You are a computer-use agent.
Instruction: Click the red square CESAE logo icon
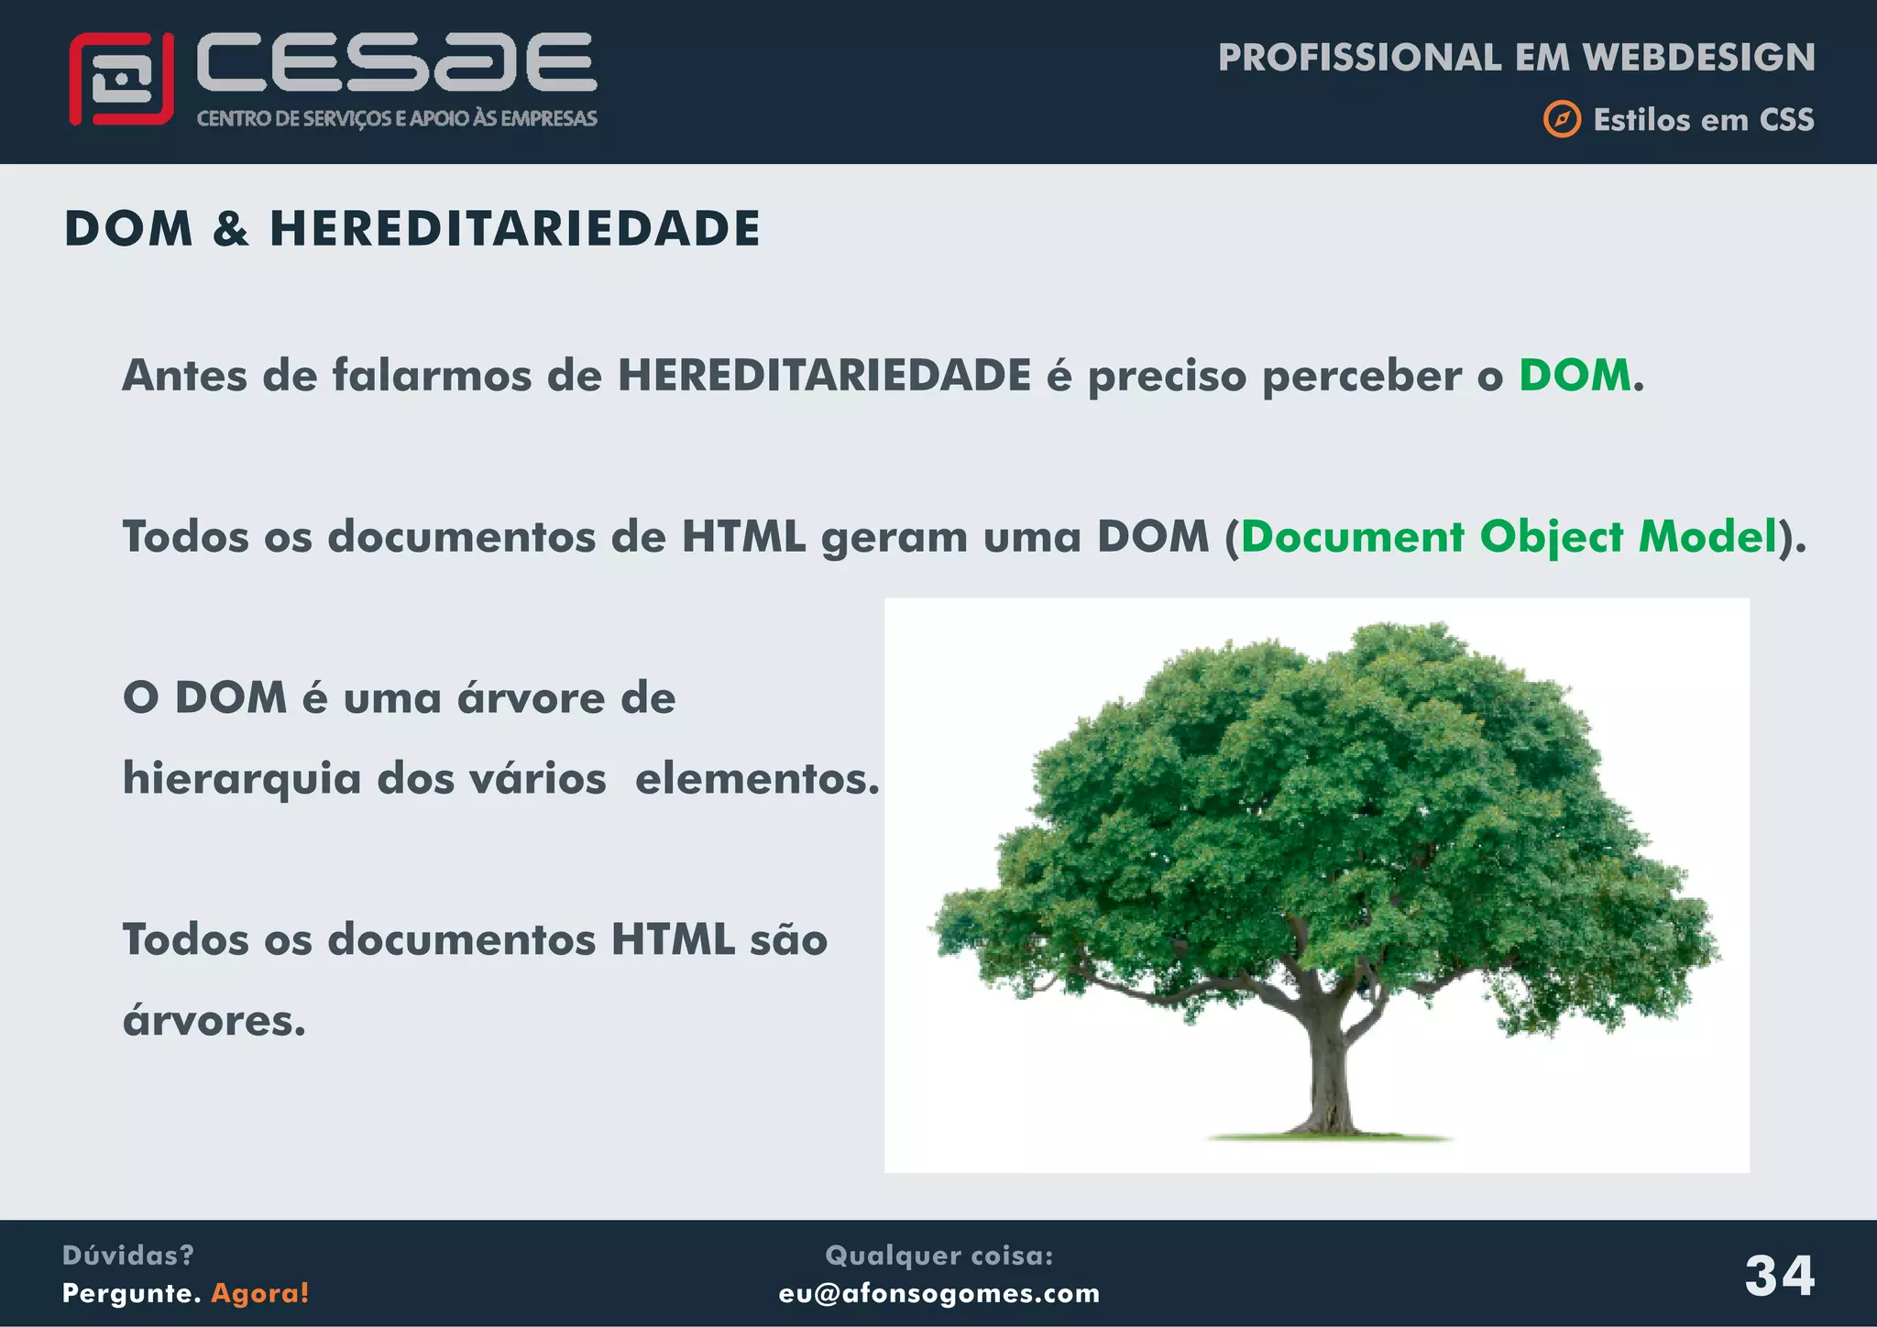[121, 79]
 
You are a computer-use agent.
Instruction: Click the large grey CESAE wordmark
[396, 62]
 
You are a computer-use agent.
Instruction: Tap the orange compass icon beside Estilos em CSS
[1562, 120]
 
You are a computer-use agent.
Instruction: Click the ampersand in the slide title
[230, 229]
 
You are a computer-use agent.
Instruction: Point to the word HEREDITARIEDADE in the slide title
[514, 229]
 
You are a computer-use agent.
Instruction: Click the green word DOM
[1575, 376]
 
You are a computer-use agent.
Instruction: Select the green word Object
[1551, 538]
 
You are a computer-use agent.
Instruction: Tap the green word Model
[1707, 537]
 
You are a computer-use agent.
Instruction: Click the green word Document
[1353, 537]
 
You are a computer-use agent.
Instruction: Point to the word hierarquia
[242, 780]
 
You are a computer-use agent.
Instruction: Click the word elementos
[756, 779]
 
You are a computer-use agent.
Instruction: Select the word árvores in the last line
[214, 1020]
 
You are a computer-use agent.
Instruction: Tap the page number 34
[1779, 1275]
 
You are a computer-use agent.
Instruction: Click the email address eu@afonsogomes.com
[938, 1293]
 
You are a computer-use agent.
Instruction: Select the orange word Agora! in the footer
[260, 1293]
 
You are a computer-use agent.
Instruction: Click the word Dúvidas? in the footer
[128, 1256]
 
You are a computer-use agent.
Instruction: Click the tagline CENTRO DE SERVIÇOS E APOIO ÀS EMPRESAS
[397, 119]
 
